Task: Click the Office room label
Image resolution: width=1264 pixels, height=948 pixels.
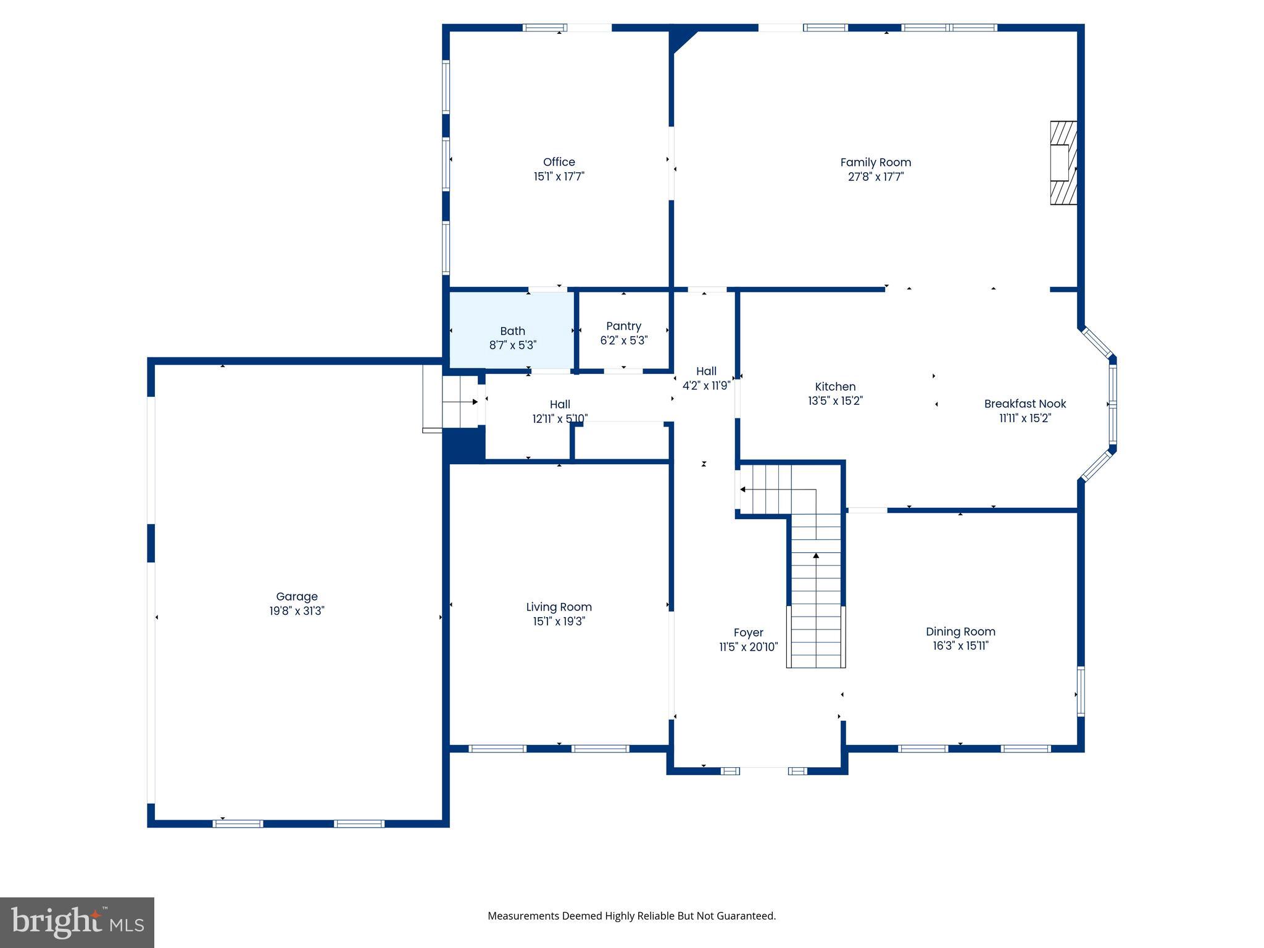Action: click(559, 162)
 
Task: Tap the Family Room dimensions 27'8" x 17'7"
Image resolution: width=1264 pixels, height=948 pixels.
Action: click(875, 177)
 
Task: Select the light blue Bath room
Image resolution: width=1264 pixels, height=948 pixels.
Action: click(512, 330)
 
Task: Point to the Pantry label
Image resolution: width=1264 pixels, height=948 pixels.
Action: click(623, 326)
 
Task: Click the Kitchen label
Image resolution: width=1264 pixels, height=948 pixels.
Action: click(834, 387)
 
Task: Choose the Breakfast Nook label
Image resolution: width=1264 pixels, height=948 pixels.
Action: click(1025, 404)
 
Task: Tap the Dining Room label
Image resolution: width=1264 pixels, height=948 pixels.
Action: click(960, 631)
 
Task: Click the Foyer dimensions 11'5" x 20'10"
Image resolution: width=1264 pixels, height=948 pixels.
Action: click(748, 647)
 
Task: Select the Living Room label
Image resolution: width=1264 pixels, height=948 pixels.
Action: click(559, 607)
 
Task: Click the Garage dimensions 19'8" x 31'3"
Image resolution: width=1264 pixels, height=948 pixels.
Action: click(296, 611)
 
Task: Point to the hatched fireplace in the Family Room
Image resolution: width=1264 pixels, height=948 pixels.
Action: click(1063, 163)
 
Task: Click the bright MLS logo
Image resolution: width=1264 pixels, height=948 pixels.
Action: click(77, 922)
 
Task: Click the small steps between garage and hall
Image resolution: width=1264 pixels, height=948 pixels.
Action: click(459, 402)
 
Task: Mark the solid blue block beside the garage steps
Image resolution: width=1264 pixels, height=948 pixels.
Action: click(464, 445)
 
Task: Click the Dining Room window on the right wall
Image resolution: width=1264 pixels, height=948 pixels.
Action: click(1080, 691)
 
